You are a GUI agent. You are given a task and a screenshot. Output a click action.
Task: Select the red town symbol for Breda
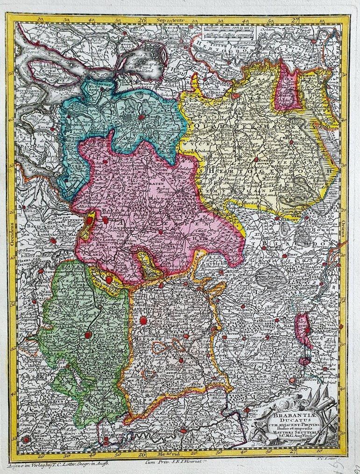coord(140,118)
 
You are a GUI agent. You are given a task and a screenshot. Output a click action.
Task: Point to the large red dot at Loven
coord(143,321)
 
